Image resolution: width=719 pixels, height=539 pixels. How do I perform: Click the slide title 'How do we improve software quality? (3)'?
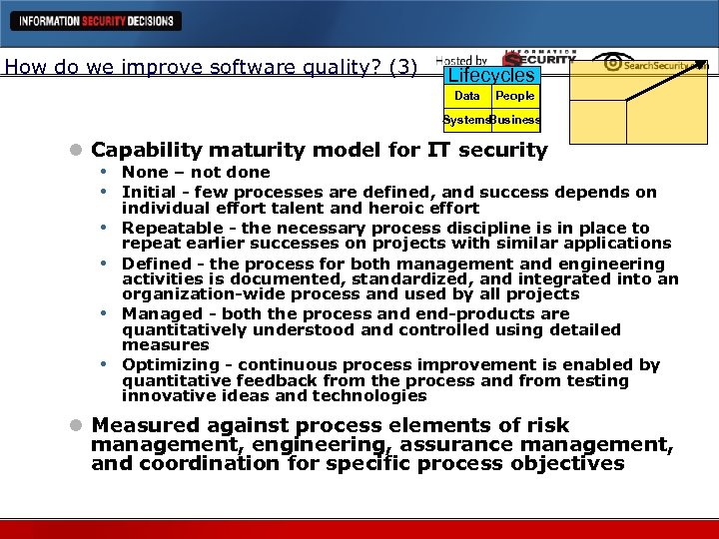211,68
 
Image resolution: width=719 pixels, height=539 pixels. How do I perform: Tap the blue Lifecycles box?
491,76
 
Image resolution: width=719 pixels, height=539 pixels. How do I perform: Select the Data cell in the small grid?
466,96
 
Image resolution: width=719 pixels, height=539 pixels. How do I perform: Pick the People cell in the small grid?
515,96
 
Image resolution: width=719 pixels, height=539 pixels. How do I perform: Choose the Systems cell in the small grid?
466,120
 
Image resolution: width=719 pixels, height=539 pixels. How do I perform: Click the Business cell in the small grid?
515,120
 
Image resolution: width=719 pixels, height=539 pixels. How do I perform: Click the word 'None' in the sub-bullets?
145,173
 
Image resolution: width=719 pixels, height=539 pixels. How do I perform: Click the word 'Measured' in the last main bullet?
142,424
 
